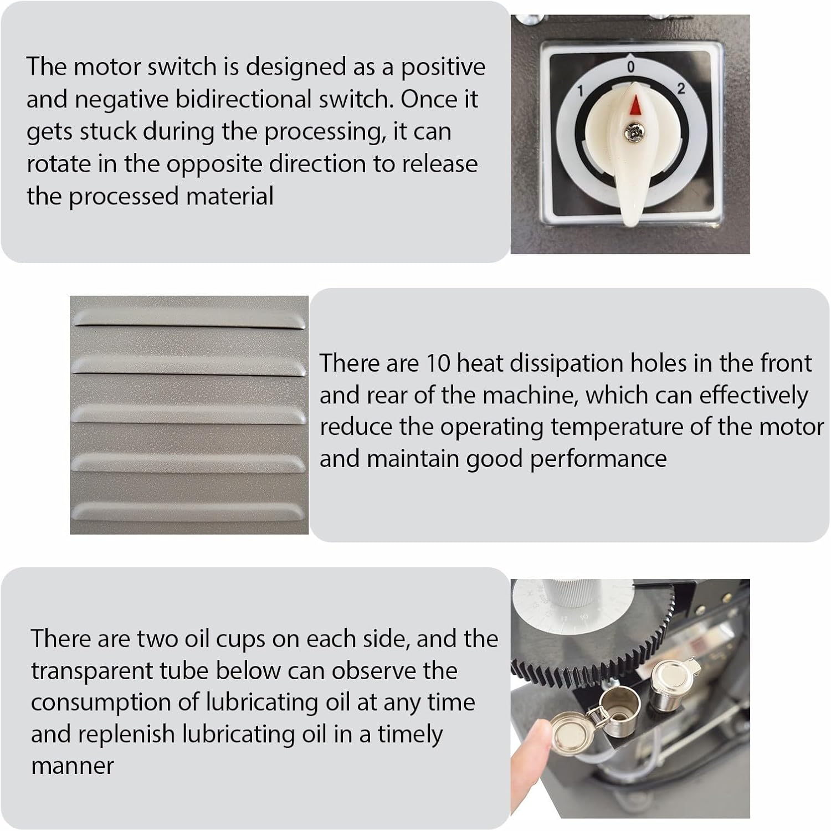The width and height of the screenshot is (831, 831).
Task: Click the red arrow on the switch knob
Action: (x=635, y=105)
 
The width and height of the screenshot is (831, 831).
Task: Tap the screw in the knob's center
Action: (x=631, y=131)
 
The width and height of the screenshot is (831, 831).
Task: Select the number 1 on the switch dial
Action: (x=580, y=91)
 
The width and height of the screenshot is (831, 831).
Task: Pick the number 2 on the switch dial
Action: (x=681, y=89)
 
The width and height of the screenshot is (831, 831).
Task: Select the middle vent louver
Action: (x=188, y=414)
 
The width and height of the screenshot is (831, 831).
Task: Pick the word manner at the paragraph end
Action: (x=72, y=766)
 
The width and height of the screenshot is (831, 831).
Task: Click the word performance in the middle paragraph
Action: (x=598, y=459)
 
